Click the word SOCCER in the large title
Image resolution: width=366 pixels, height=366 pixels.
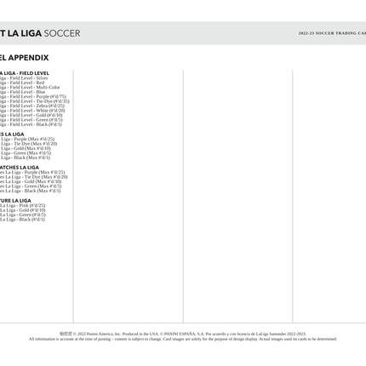click(x=62, y=33)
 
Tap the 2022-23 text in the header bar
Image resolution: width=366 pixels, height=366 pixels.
click(x=306, y=33)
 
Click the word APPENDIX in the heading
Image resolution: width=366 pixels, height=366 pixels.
click(x=28, y=58)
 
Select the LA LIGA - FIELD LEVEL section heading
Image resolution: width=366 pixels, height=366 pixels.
click(x=24, y=73)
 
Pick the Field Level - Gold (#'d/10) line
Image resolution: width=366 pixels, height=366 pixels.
click(x=31, y=116)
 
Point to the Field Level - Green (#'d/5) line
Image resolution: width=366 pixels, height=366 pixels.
click(x=31, y=120)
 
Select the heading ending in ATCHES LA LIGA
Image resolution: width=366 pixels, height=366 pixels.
click(x=19, y=168)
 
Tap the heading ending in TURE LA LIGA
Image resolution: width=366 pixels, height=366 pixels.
click(x=15, y=201)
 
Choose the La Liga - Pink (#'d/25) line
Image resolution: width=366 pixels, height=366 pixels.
click(x=22, y=205)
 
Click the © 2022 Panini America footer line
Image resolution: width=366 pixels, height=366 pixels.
click(x=182, y=334)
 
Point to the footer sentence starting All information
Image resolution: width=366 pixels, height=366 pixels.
click(x=182, y=339)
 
